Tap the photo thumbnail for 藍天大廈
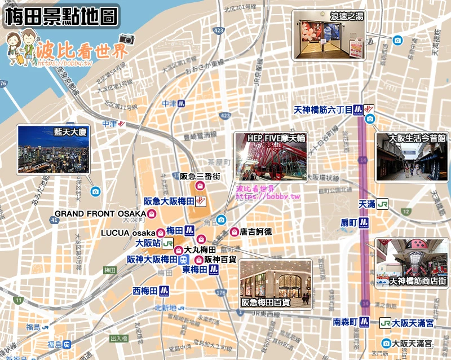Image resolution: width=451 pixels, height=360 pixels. pos(54,149)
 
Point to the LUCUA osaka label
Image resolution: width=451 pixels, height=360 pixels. pos(128,232)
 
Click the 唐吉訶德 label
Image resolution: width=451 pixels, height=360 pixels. pos(255,231)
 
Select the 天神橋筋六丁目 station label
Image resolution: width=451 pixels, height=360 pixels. pos(323,109)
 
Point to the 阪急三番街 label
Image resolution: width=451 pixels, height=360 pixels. pos(200,176)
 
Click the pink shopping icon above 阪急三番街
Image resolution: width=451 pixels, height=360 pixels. pos(200,186)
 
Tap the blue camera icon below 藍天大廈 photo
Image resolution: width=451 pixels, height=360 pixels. pos(95,191)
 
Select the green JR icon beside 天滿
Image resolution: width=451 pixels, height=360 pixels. pos(383,203)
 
